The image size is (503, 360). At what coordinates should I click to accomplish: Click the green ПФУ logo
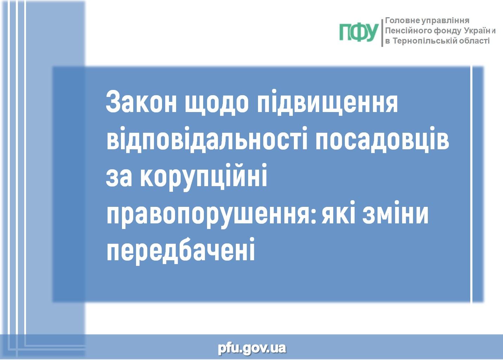pyautogui.click(x=359, y=33)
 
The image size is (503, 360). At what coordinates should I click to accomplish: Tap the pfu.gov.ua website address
pyautogui.click(x=252, y=348)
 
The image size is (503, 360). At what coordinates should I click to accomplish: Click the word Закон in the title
pyautogui.click(x=141, y=102)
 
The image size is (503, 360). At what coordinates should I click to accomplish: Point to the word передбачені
pyautogui.click(x=181, y=252)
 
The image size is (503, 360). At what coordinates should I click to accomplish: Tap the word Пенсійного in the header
pyautogui.click(x=409, y=31)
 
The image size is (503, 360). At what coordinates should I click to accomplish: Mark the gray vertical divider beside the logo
pyautogui.click(x=382, y=33)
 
